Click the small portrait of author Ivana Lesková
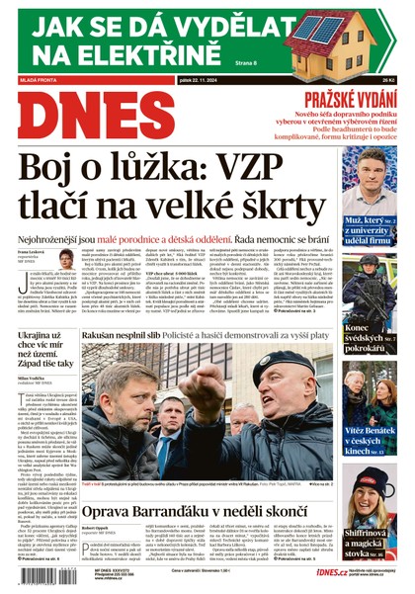(x=66, y=258)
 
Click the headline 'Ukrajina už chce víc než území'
(x=45, y=349)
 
